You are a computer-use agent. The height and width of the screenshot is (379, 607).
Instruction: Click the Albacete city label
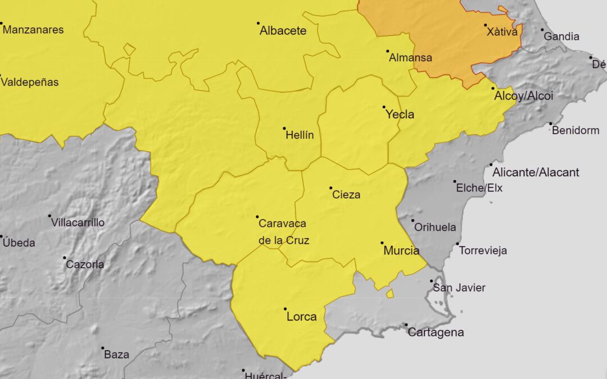click(283, 31)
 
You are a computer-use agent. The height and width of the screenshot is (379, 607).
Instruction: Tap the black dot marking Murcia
click(382, 243)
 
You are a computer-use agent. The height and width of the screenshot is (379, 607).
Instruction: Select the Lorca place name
click(301, 317)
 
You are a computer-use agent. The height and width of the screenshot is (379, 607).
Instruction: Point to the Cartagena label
click(436, 332)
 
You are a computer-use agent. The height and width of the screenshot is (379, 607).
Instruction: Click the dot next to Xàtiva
click(486, 25)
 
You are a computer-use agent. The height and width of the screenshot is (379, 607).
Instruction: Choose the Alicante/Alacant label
click(536, 172)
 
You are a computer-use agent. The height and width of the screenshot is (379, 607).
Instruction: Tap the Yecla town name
click(400, 115)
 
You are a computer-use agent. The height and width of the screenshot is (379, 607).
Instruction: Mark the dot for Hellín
click(284, 129)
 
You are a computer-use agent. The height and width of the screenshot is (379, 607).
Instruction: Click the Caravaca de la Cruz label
click(283, 232)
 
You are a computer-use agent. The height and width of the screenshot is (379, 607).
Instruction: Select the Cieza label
click(346, 195)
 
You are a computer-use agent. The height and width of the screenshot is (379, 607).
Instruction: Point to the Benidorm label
click(576, 131)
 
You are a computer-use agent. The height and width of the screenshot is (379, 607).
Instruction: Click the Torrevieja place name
click(483, 250)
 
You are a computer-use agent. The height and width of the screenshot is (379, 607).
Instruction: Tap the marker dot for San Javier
click(432, 281)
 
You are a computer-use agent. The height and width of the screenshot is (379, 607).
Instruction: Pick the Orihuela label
click(434, 227)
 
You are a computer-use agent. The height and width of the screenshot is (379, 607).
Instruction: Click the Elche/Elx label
click(479, 188)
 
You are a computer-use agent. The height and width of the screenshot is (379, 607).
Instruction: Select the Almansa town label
click(410, 57)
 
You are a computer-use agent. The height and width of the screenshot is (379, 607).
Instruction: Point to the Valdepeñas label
click(30, 83)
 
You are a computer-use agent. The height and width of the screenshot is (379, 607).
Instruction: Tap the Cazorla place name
click(84, 264)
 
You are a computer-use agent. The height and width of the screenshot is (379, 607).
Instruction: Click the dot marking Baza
click(103, 348)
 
